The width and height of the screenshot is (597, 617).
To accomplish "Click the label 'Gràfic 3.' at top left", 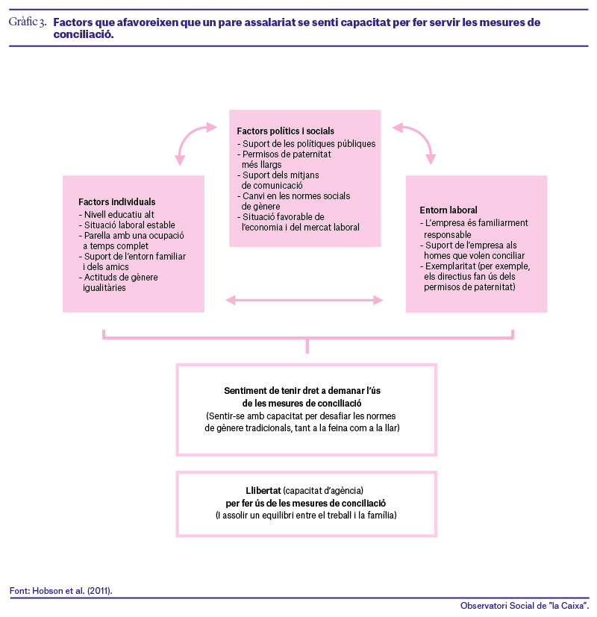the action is [28, 22].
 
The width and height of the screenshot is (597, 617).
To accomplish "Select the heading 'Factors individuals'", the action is [117, 202].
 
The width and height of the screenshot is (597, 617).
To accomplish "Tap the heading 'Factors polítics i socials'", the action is [285, 131].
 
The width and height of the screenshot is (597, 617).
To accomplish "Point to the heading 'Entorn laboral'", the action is [448, 210].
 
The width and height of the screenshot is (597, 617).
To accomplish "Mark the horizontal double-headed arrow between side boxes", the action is [304, 300].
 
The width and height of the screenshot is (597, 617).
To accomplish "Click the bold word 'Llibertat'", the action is [263, 491].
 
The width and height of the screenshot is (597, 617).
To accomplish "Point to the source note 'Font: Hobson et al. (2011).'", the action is [61, 591].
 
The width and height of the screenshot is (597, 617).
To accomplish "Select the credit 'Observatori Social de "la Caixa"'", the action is [524, 606].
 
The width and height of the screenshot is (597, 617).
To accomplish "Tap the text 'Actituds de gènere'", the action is [121, 278].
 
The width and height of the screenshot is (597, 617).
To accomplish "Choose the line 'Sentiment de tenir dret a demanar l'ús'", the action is [302, 391].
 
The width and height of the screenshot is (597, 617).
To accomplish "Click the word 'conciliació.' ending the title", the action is [84, 34].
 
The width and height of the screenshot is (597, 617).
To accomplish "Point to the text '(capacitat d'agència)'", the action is [323, 491].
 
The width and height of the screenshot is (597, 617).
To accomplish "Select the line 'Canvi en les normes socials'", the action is [296, 196].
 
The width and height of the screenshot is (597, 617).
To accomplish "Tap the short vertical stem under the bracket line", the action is [307, 346].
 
